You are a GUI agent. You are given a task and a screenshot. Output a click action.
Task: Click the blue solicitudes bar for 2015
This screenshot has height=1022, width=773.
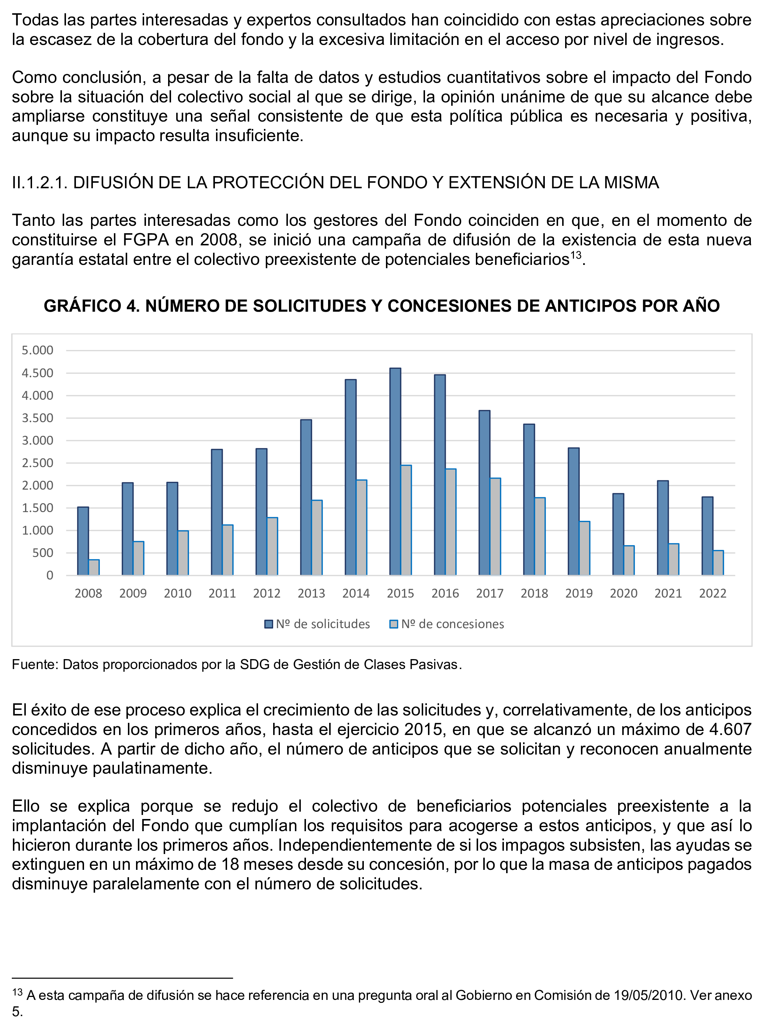(x=395, y=471)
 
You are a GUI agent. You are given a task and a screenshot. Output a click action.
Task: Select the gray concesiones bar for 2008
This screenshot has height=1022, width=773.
(x=94, y=567)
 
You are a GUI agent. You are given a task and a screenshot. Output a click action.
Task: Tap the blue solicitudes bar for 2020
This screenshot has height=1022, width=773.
(x=618, y=534)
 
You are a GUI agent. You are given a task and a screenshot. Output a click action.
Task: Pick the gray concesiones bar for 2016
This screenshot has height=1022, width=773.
(x=451, y=522)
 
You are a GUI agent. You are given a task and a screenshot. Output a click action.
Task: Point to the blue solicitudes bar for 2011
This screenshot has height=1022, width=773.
(x=217, y=512)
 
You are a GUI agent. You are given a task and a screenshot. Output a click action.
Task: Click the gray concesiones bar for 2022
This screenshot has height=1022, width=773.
(x=718, y=563)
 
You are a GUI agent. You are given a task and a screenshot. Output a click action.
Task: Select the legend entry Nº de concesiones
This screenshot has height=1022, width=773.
(x=447, y=624)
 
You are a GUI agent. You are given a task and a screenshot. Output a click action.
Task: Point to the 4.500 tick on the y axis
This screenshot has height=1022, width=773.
(x=38, y=373)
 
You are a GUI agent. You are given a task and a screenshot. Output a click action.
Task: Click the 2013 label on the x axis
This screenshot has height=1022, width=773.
(x=311, y=593)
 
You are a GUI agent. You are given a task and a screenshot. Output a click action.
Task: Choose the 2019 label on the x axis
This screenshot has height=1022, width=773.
(x=579, y=593)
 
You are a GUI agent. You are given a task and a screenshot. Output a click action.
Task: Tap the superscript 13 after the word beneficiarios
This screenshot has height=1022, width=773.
(x=575, y=255)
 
